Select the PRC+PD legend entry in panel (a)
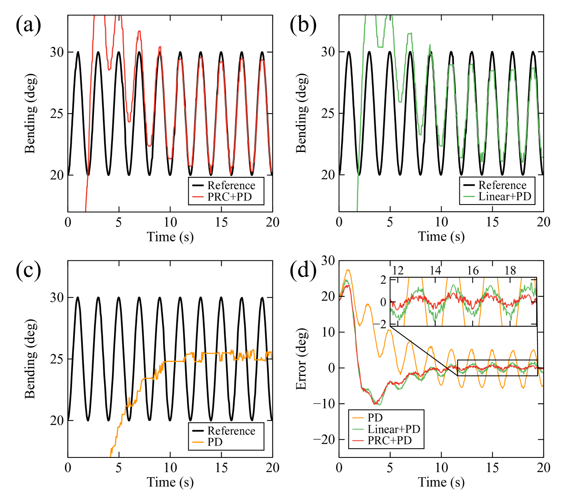coord(230,197)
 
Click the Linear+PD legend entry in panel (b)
coord(505,196)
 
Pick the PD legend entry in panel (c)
coord(215,442)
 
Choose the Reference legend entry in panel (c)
coord(231,431)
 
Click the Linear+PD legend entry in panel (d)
coord(393,429)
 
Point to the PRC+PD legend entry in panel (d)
coord(389,440)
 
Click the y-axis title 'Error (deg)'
coord(301,358)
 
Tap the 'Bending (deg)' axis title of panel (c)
coord(30,358)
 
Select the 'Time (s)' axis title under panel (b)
coord(441,237)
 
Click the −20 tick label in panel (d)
coord(324,439)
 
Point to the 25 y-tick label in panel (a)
coord(57,114)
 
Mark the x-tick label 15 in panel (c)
coord(221,468)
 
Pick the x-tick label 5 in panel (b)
coord(390,222)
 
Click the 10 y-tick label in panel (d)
coord(328,332)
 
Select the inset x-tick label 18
coord(510,271)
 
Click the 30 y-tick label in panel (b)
coord(328,52)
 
